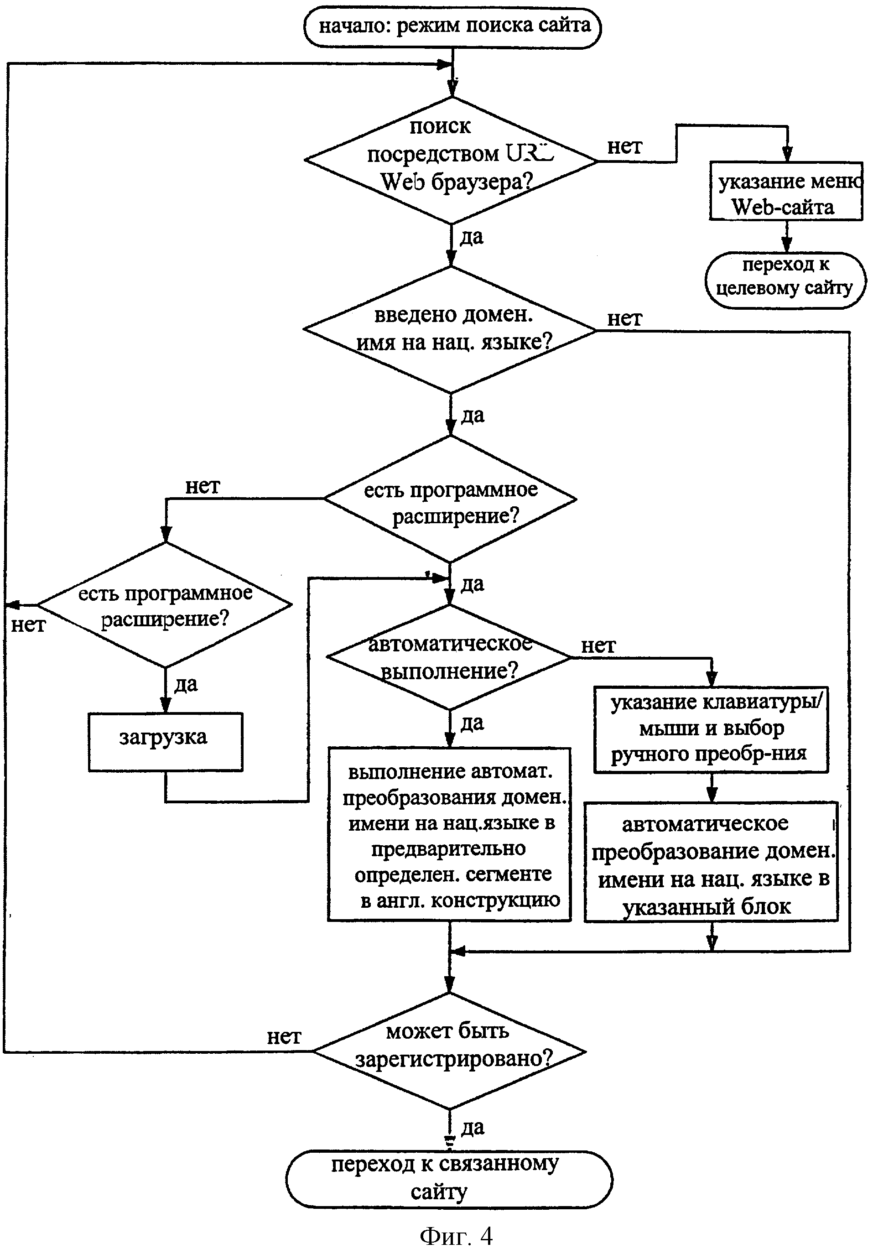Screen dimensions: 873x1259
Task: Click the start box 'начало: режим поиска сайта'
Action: point(452,27)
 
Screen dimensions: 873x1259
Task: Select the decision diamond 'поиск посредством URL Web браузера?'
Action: point(451,160)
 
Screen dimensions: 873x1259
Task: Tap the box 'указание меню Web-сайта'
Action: point(786,191)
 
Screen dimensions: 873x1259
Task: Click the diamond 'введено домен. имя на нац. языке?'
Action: point(450,330)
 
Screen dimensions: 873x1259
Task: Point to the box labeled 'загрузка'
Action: point(165,742)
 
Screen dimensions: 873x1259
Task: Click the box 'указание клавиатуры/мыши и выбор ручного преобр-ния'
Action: point(711,729)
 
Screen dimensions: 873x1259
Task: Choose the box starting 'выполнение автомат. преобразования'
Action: point(449,835)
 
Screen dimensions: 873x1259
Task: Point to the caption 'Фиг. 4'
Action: point(456,1236)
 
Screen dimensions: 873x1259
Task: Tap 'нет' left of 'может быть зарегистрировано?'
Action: point(284,1036)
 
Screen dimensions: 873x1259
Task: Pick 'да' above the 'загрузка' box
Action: point(186,684)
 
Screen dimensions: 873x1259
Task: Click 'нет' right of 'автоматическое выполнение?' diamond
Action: point(598,646)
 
